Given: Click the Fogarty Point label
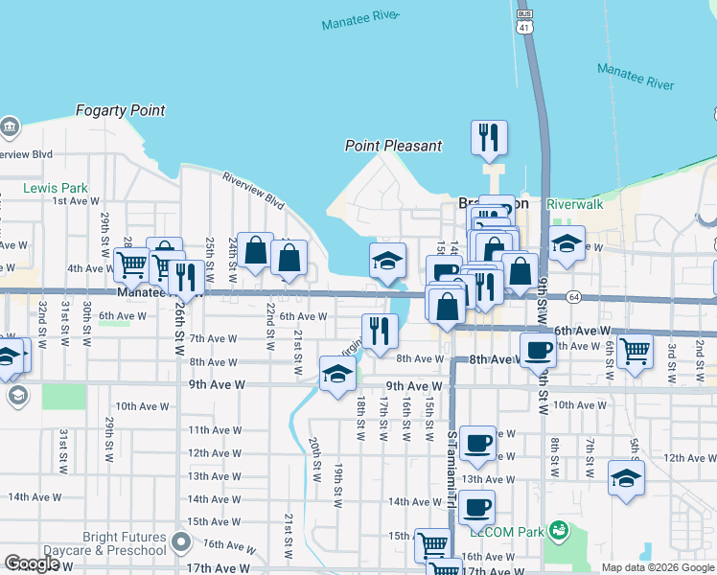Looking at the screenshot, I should [122, 110].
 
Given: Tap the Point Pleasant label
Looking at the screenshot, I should [394, 146].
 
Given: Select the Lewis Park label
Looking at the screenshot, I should [56, 188].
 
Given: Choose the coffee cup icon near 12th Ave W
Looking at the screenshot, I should [476, 443].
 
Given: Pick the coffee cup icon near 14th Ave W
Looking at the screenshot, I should [476, 506].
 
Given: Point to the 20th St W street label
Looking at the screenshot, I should [314, 459].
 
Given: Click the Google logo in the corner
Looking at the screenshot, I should [31, 563].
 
